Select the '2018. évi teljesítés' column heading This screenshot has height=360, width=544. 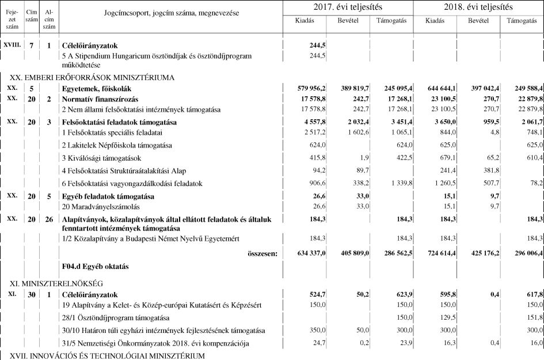(478, 7)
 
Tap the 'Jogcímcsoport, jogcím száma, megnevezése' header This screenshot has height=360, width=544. (171, 13)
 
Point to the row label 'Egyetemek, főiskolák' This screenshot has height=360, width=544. (97, 88)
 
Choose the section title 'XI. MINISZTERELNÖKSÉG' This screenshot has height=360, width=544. (56, 283)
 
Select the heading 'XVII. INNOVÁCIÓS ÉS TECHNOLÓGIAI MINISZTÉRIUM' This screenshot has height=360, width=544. (106, 356)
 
